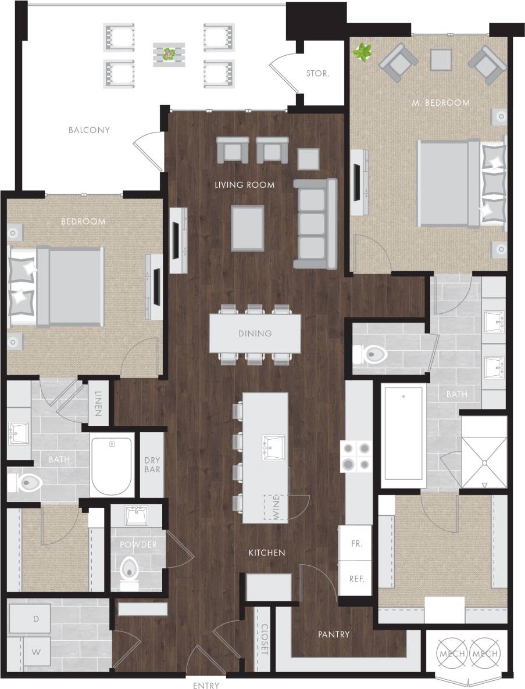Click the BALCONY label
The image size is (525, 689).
tap(89, 130)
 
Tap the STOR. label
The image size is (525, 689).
tap(317, 74)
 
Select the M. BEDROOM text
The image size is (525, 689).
tap(440, 103)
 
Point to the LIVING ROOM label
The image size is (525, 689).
tap(244, 185)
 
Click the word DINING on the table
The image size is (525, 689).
tap(255, 333)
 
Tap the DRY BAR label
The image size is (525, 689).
tap(152, 465)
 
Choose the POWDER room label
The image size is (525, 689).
tap(138, 544)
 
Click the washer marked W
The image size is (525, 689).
tap(36, 652)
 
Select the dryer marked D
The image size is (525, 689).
tap(36, 619)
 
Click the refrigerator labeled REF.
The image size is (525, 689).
tap(356, 579)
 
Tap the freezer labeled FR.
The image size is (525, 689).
tap(356, 544)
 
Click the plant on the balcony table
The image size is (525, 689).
tap(169, 54)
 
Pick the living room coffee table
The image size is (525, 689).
tap(247, 227)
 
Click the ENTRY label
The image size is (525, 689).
tap(206, 686)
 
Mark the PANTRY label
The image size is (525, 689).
tap(334, 634)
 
